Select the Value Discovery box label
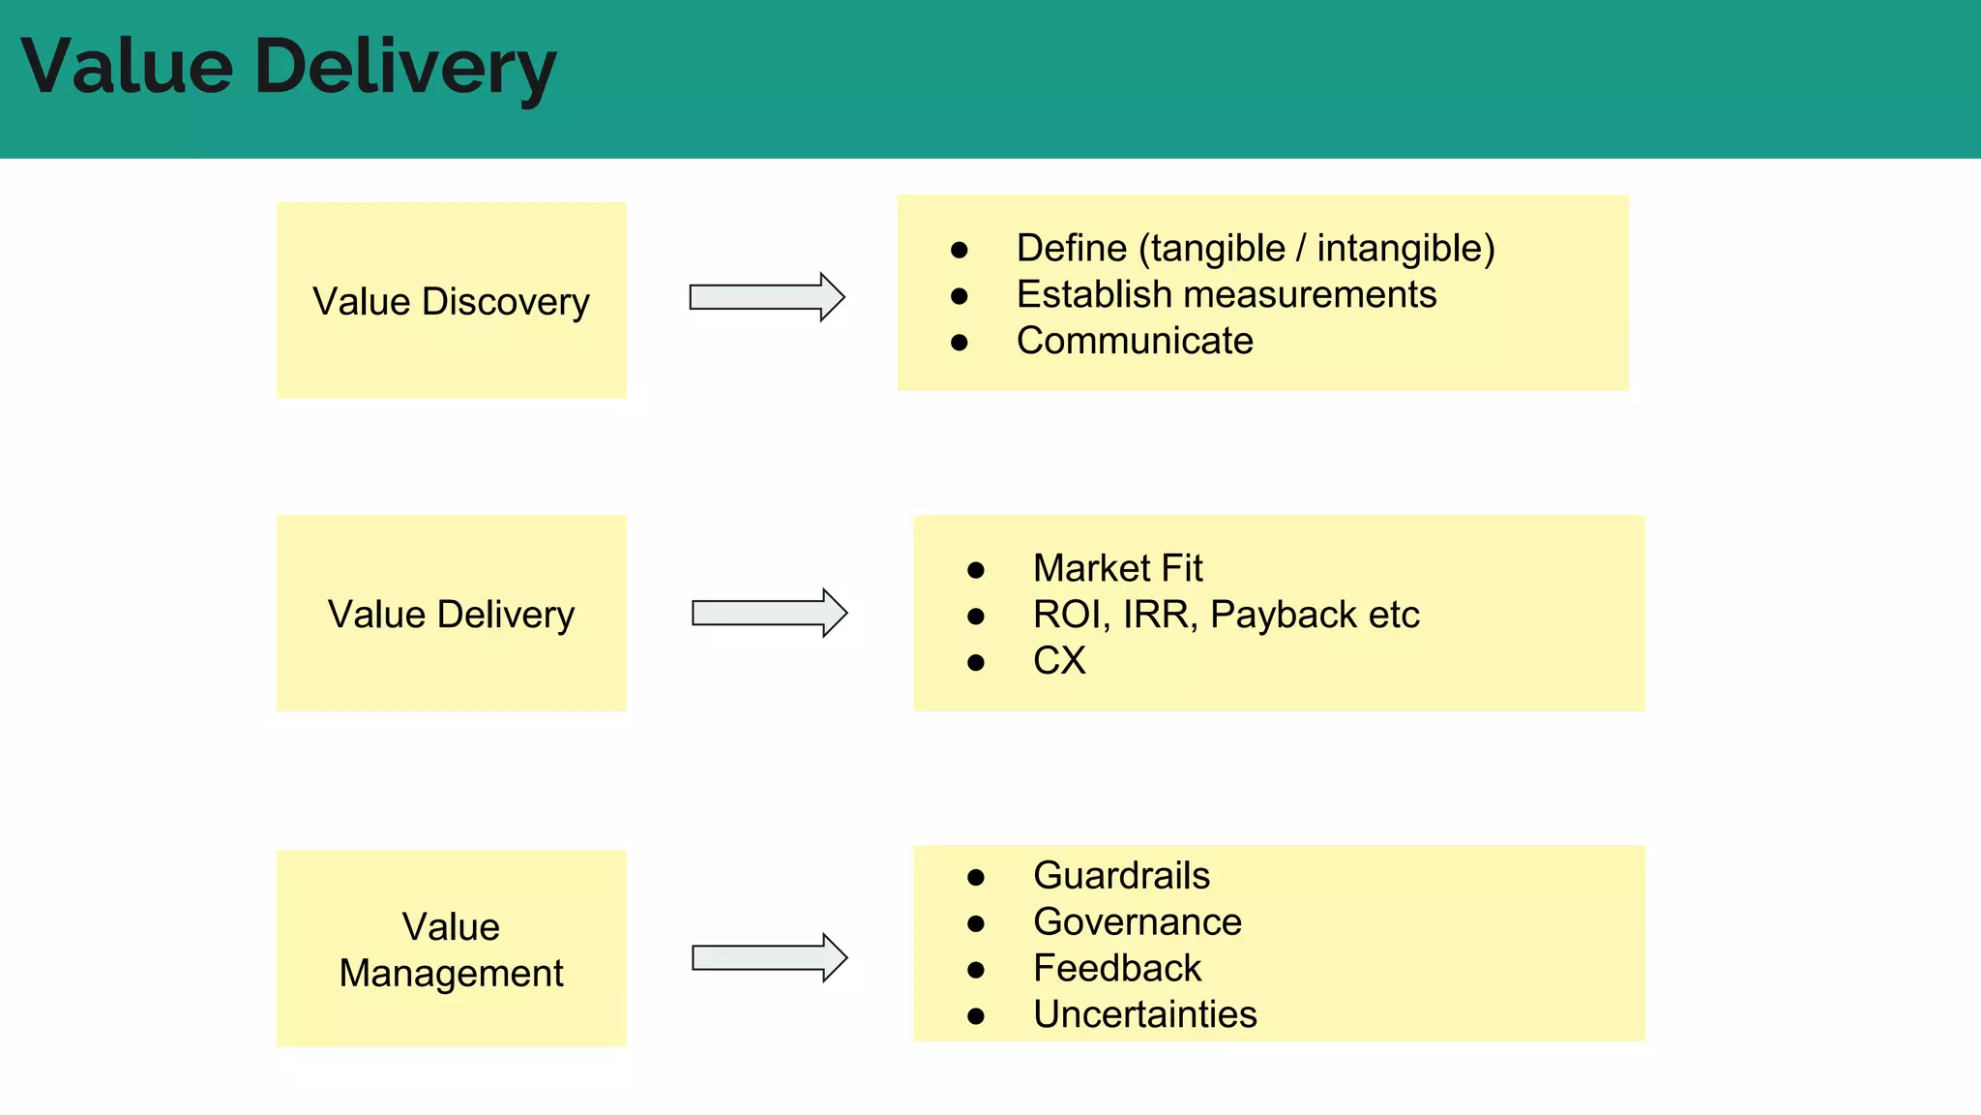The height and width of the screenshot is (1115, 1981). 451,302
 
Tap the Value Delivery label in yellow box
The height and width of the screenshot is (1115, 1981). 451,615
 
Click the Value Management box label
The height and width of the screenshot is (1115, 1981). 451,949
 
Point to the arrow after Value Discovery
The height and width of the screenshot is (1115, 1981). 766,297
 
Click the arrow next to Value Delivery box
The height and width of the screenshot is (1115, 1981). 769,613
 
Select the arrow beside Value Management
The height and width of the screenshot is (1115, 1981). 769,958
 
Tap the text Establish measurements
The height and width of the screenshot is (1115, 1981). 1226,295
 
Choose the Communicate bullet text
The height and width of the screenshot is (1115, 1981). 1134,341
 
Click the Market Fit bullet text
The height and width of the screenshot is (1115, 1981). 1117,568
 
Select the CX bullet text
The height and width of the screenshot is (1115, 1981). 1058,661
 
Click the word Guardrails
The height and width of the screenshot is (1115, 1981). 1121,876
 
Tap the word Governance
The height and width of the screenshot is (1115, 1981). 1137,922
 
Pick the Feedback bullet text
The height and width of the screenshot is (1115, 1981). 1116,969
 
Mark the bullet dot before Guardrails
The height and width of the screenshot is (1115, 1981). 975,878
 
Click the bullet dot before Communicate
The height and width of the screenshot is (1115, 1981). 959,343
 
